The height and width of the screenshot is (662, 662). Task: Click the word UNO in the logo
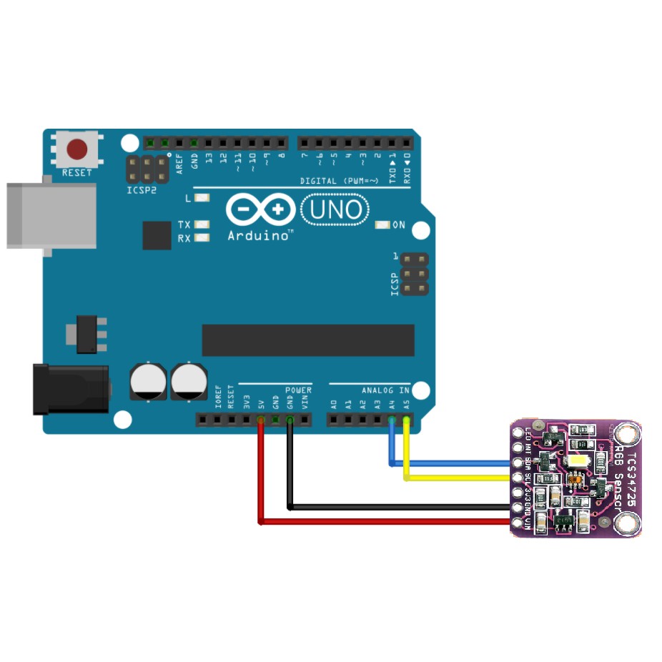pyautogui.click(x=335, y=210)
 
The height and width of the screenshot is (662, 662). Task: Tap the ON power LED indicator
pyautogui.click(x=382, y=225)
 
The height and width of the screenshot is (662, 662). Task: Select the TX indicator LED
pyautogui.click(x=202, y=224)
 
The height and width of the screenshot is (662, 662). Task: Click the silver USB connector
pyautogui.click(x=50, y=215)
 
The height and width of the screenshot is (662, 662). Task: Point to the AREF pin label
pyautogui.click(x=179, y=164)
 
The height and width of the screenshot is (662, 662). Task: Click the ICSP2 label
pyautogui.click(x=142, y=191)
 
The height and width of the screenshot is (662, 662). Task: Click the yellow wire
pyautogui.click(x=458, y=478)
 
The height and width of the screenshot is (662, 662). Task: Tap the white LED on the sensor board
pyautogui.click(x=576, y=461)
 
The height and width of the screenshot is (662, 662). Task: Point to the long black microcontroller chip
pyautogui.click(x=308, y=340)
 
